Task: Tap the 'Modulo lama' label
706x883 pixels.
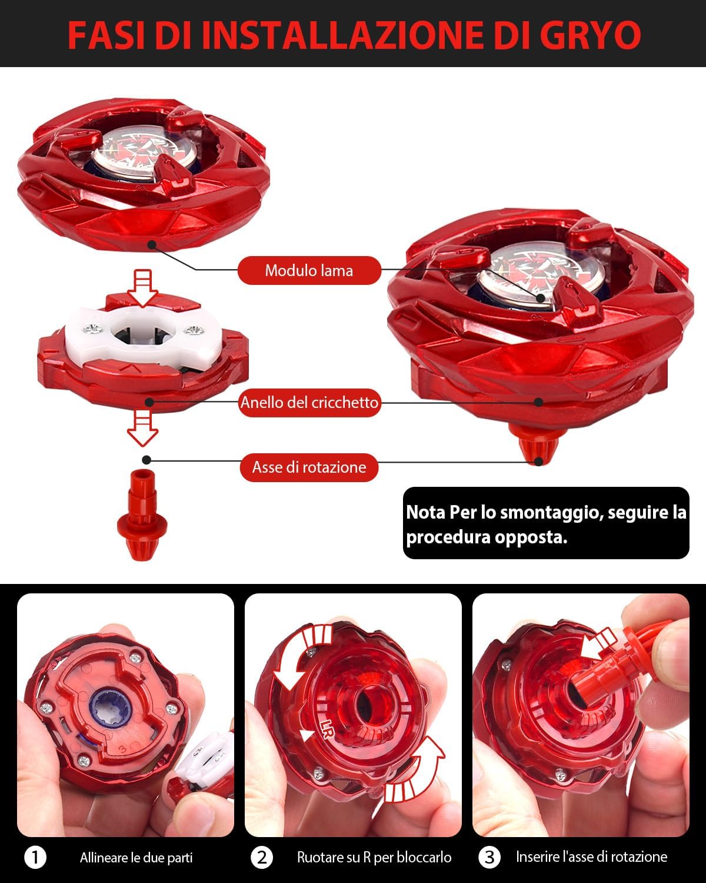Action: tap(309, 270)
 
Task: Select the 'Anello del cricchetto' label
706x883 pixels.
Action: tap(309, 403)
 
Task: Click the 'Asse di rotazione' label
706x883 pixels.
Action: tap(309, 467)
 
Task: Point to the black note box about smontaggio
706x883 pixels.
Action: tap(546, 523)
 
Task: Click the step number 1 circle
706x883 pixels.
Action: tap(35, 857)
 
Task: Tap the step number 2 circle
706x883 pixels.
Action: tap(262, 857)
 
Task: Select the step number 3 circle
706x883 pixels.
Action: tap(489, 857)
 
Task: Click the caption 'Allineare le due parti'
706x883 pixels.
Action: tap(136, 858)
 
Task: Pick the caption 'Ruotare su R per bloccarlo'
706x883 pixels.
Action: tap(374, 857)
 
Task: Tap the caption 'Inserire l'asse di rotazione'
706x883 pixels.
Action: tap(591, 857)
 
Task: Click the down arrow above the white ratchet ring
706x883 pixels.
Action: tap(142, 288)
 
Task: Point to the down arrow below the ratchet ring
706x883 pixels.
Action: tap(142, 428)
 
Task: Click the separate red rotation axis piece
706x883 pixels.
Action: tap(142, 515)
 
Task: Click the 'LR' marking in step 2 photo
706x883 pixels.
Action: tap(327, 729)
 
